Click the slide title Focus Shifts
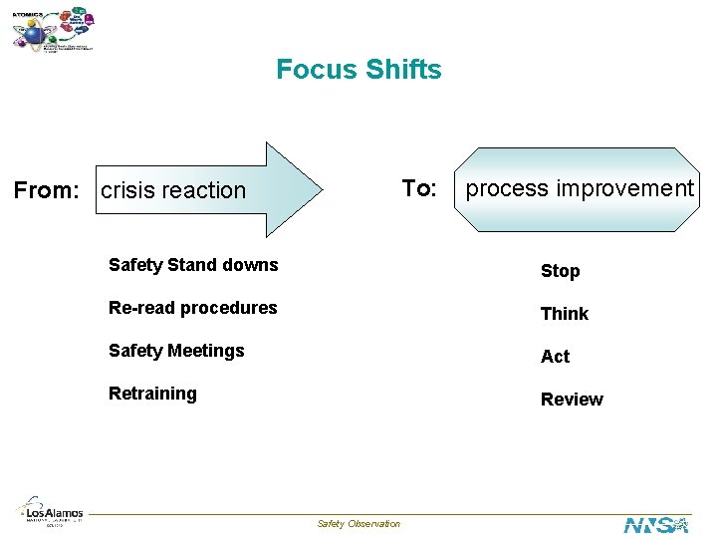click(x=358, y=70)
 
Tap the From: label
click(x=45, y=189)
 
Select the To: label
click(x=419, y=188)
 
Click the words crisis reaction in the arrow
click(x=173, y=190)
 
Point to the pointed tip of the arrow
click(x=321, y=189)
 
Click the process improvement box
click(x=580, y=189)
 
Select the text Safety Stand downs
click(x=193, y=265)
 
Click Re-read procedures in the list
click(x=193, y=308)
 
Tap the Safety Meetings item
click(x=176, y=351)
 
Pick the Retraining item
click(x=152, y=394)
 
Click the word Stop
click(x=560, y=271)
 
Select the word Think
click(x=564, y=314)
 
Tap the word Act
click(x=555, y=357)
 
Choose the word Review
click(x=572, y=400)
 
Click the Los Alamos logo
click(x=52, y=510)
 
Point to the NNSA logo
click(x=656, y=524)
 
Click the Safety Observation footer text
click(x=358, y=524)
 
